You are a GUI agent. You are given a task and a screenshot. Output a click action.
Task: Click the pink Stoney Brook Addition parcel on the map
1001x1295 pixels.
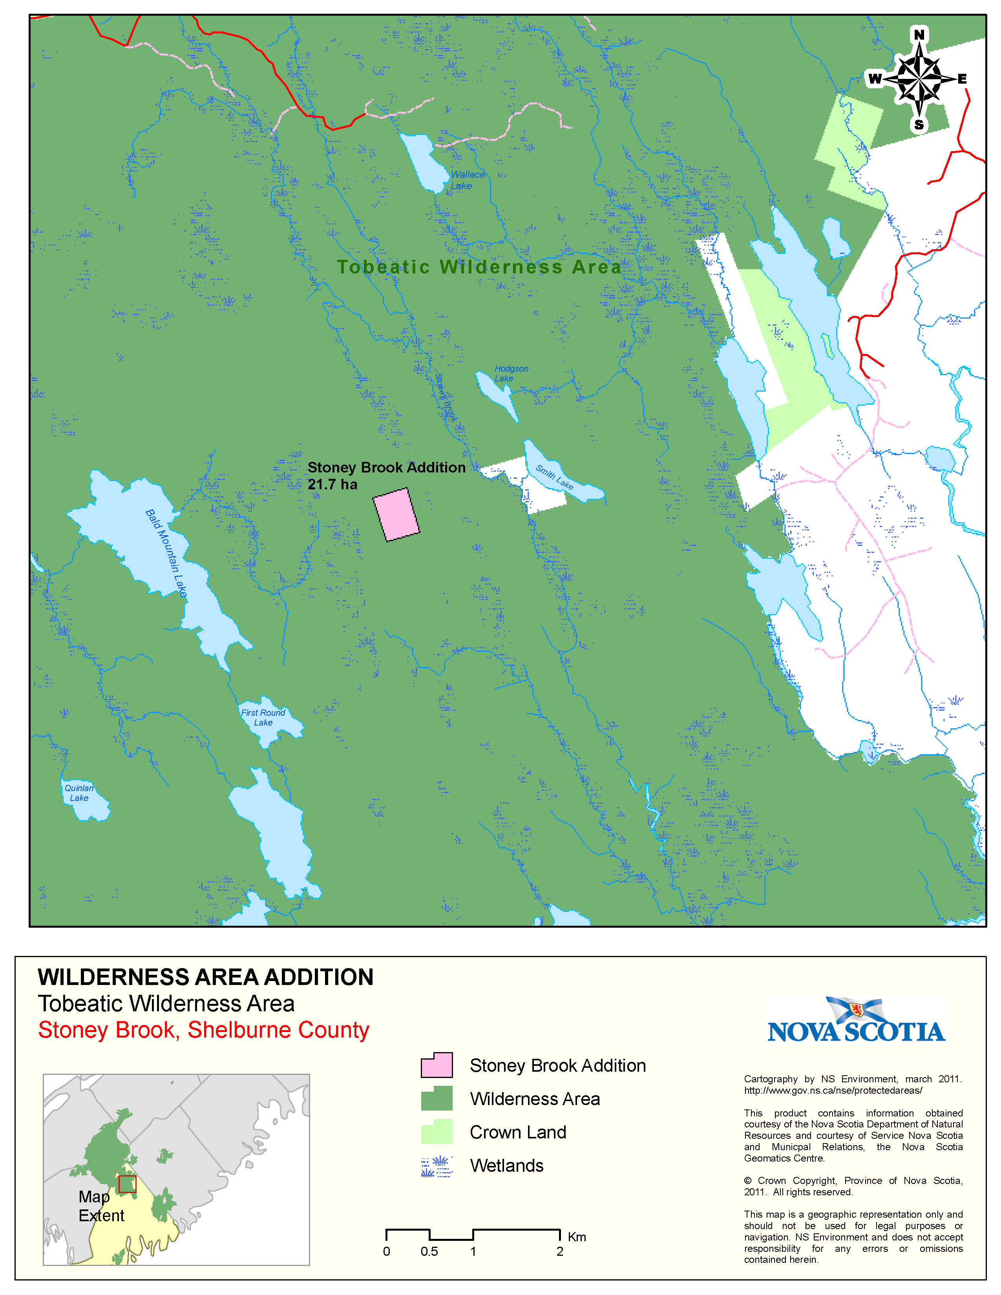[396, 514]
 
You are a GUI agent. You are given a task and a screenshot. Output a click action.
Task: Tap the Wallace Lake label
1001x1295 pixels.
[467, 180]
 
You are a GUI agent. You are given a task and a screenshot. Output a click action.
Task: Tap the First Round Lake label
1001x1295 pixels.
[263, 717]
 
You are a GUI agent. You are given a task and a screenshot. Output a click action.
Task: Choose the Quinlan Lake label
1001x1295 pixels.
[79, 793]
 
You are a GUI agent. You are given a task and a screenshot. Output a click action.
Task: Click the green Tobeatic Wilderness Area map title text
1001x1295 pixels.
[479, 267]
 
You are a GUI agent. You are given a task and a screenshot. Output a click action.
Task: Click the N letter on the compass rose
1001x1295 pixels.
[919, 35]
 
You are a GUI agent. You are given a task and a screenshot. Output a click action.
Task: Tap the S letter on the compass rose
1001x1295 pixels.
[919, 124]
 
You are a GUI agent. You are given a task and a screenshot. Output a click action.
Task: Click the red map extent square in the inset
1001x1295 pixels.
[127, 1184]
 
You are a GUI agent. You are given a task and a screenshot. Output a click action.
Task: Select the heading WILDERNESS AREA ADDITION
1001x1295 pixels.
[205, 977]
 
